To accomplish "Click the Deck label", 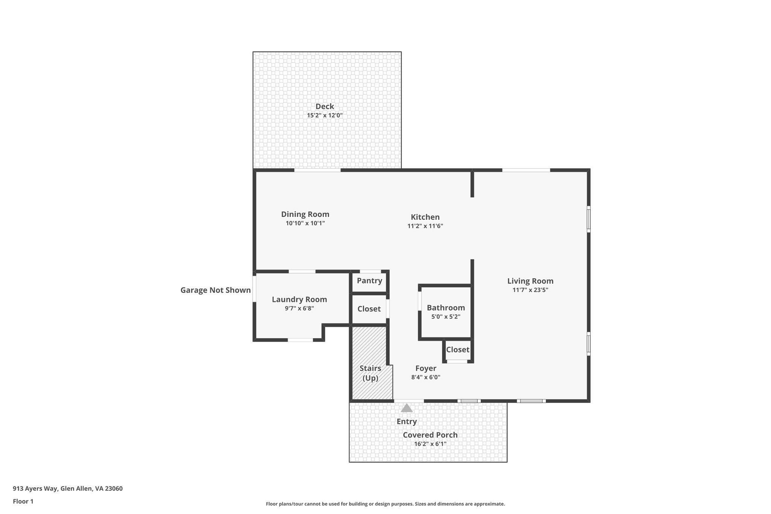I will coord(325,107).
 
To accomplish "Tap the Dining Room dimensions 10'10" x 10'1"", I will coord(305,223).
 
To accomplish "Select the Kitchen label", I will coord(425,217).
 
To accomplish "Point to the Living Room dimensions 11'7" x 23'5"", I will coord(530,290).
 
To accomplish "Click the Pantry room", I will coord(369,281).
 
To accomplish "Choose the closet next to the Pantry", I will coord(369,309).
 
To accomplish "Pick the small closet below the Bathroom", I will coord(457,350).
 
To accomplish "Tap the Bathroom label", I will coord(446,308).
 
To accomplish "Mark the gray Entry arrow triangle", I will coord(407,408).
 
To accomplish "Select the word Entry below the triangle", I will coord(407,422).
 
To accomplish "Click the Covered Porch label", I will coord(430,435).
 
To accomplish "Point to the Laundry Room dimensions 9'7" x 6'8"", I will coord(299,308).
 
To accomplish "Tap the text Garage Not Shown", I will coord(215,290).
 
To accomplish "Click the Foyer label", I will coord(426,369).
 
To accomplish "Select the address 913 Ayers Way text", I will coord(68,489).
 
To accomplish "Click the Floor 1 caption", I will coord(23,502).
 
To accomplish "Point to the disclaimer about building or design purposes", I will coord(385,504).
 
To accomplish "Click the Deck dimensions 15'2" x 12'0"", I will coord(325,116).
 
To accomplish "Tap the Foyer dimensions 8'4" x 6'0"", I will coord(426,377).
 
